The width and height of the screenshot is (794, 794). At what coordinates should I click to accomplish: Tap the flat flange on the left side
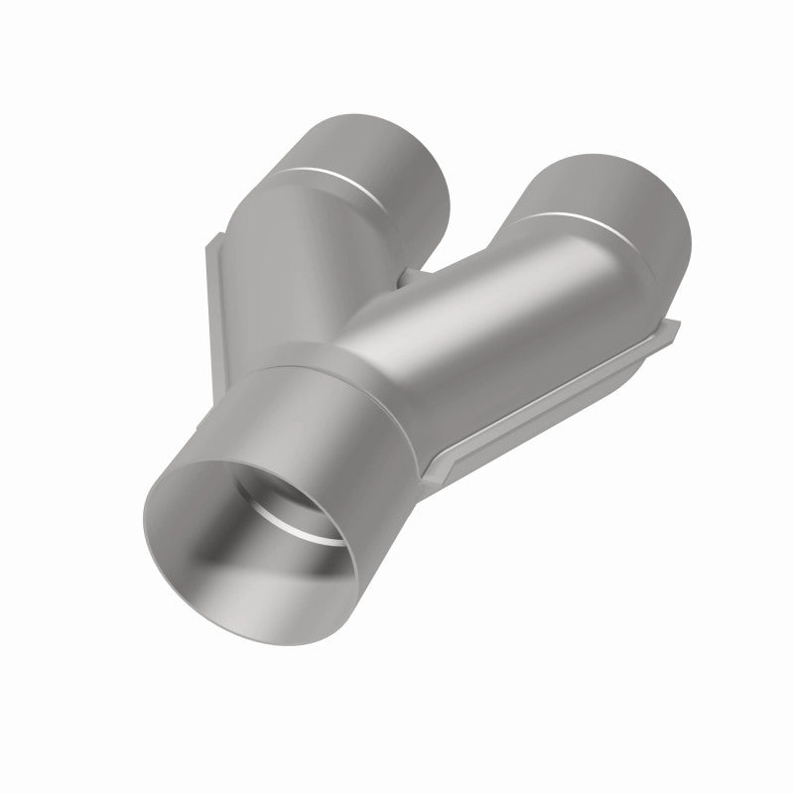click(x=220, y=298)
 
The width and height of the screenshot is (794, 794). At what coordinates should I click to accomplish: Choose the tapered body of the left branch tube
click(x=298, y=258)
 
